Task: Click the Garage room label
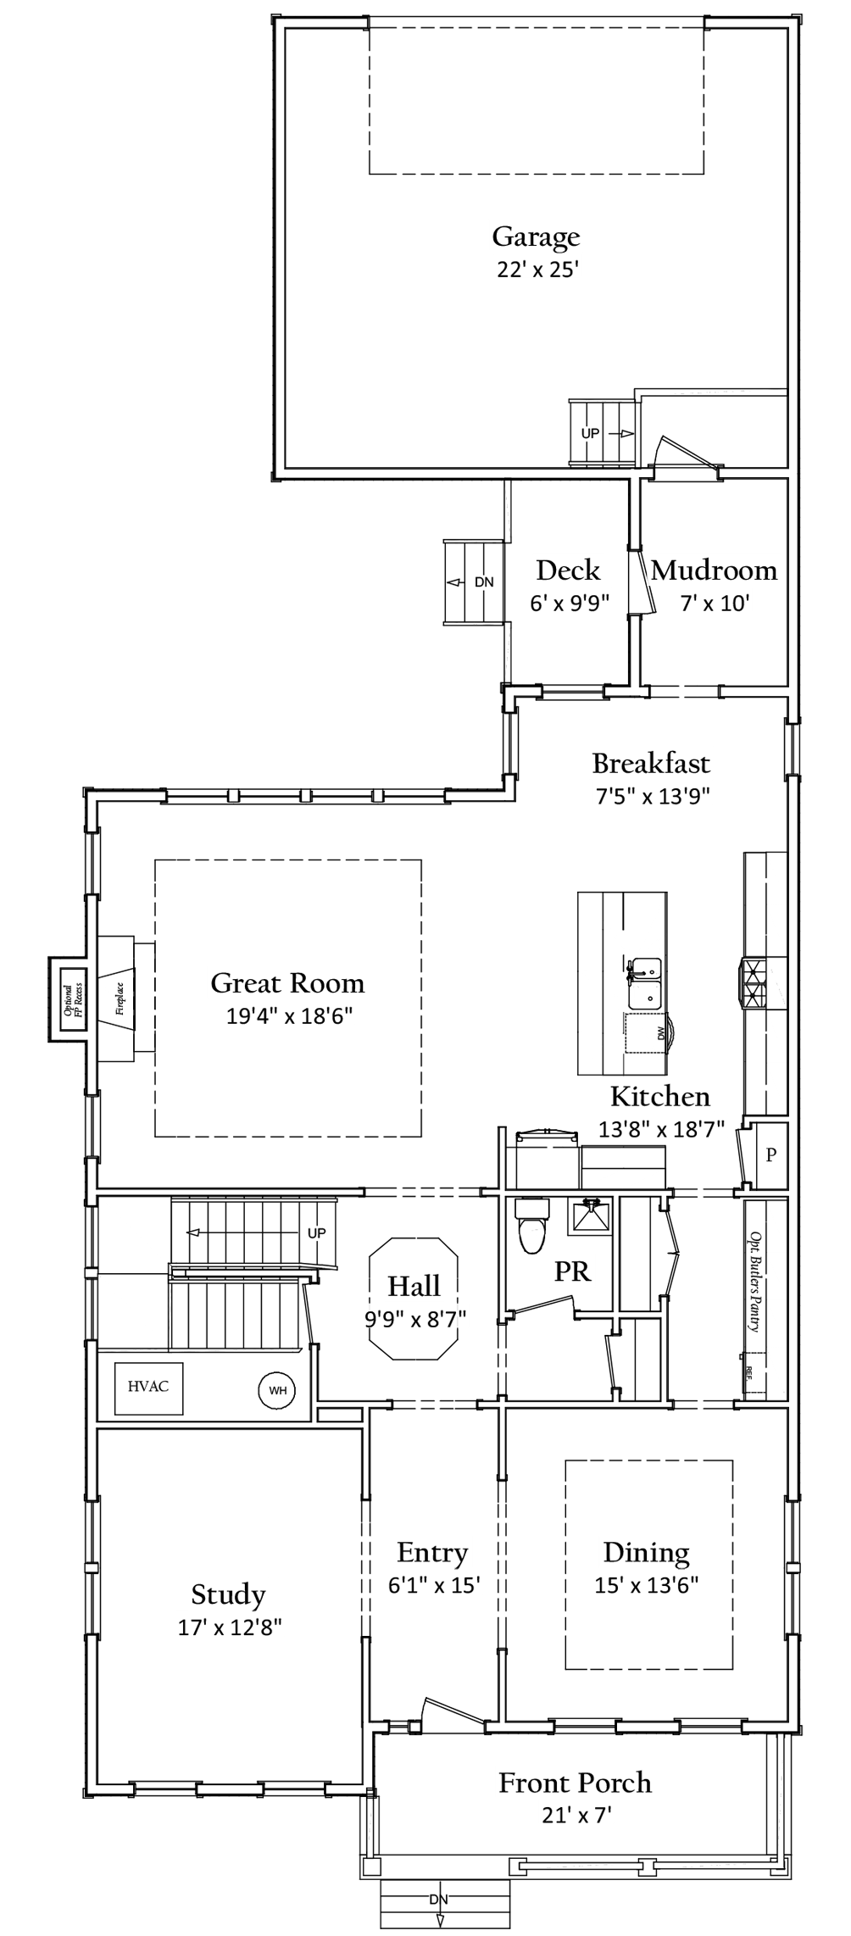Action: click(x=536, y=236)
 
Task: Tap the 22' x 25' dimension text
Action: click(x=537, y=270)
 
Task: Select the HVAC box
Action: click(x=148, y=1387)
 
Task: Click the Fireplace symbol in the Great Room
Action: click(x=119, y=998)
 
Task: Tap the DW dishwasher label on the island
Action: click(x=660, y=1033)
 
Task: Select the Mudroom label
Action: click(x=714, y=570)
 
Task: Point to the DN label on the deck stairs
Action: click(x=484, y=582)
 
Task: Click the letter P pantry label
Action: click(x=770, y=1154)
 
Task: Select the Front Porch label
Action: click(x=575, y=1782)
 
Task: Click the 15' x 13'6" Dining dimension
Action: click(x=647, y=1584)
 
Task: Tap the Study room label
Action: click(x=228, y=1594)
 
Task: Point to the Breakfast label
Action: click(x=651, y=763)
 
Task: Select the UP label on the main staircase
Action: click(x=316, y=1232)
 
